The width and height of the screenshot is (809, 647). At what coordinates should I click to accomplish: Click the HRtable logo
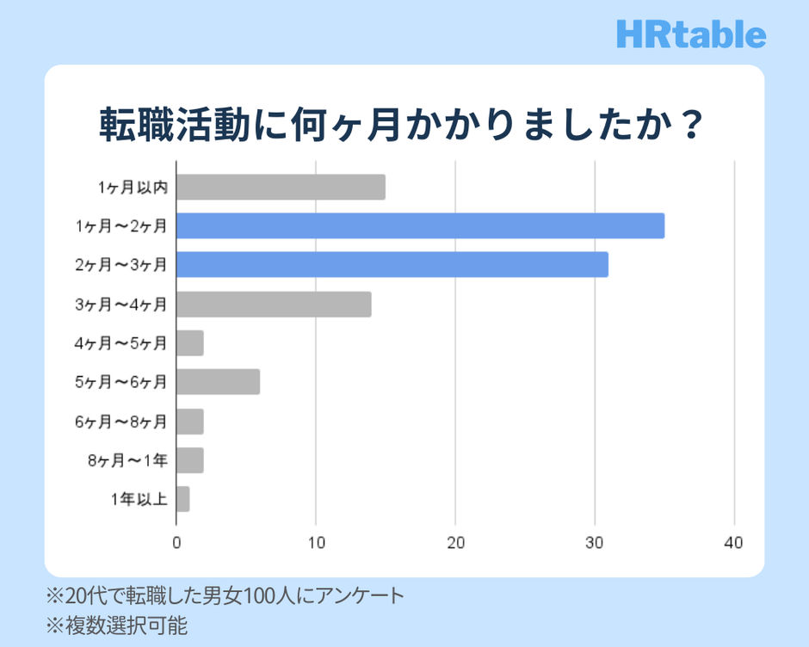tap(691, 34)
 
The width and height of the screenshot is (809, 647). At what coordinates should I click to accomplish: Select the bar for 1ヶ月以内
tap(281, 187)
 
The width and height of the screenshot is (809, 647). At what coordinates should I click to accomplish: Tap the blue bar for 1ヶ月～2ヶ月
tap(420, 225)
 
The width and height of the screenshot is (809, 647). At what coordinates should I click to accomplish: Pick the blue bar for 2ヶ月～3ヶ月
tap(392, 264)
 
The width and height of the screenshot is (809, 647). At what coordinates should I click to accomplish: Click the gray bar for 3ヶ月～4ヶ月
tap(274, 304)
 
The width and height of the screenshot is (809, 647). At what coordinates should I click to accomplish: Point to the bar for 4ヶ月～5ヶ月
tap(190, 342)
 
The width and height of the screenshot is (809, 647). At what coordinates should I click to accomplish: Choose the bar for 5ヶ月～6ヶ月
tap(218, 381)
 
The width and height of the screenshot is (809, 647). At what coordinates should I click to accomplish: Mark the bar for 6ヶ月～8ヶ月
tap(190, 422)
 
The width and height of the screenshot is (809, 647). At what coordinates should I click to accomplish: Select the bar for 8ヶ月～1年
tap(190, 460)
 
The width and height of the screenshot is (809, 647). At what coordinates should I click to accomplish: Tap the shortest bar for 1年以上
tap(183, 499)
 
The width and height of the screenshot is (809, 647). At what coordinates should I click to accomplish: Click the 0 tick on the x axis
tap(176, 543)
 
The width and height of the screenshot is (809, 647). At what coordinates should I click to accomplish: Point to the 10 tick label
tap(316, 543)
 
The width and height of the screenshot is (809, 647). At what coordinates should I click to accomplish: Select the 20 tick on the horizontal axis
tap(455, 543)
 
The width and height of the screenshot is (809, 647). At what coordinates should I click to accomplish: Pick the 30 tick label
tap(595, 543)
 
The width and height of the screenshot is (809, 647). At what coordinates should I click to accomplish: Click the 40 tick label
tap(734, 543)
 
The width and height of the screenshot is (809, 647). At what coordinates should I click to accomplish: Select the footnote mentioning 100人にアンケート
tap(225, 595)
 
